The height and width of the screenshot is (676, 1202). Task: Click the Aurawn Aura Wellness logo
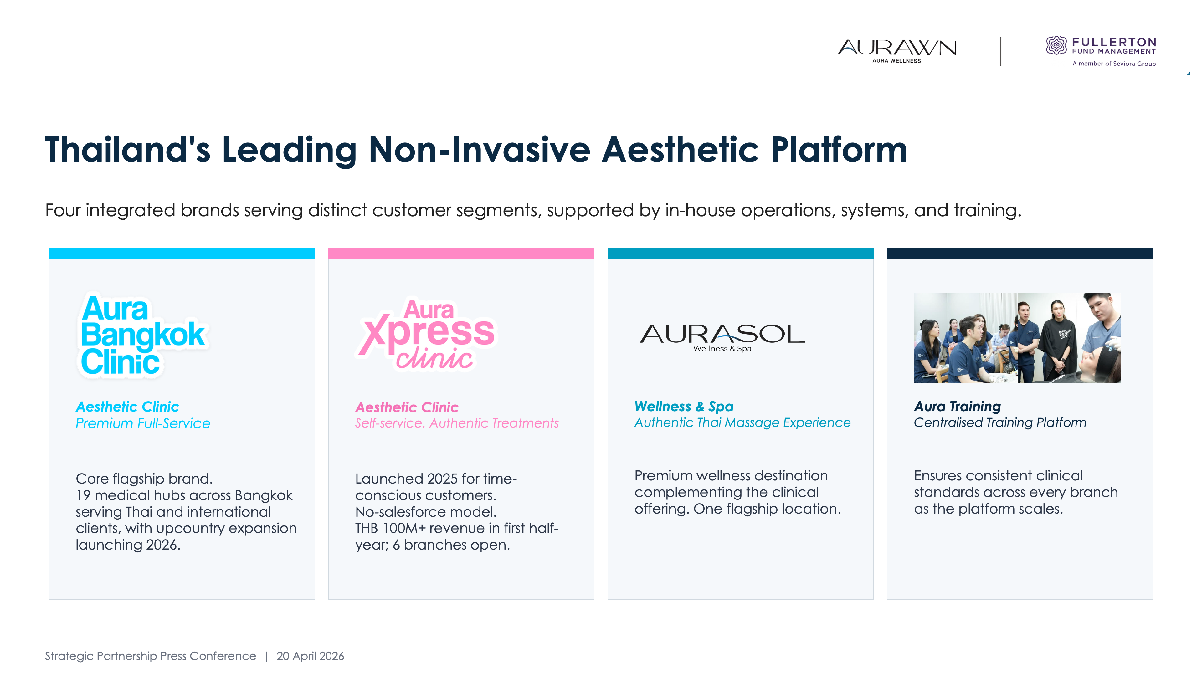pyautogui.click(x=897, y=50)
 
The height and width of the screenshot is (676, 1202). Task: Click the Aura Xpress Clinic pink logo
pyautogui.click(x=426, y=334)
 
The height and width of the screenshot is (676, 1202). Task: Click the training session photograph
pyautogui.click(x=1017, y=338)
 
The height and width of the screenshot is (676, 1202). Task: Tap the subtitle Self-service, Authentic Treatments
pyautogui.click(x=457, y=423)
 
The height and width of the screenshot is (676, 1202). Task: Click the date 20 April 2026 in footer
pyautogui.click(x=310, y=656)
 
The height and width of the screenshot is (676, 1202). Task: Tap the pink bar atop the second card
pyautogui.click(x=461, y=253)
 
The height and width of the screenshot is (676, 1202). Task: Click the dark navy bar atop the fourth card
pyautogui.click(x=1020, y=253)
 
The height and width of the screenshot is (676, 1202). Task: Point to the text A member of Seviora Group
pyautogui.click(x=1114, y=64)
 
